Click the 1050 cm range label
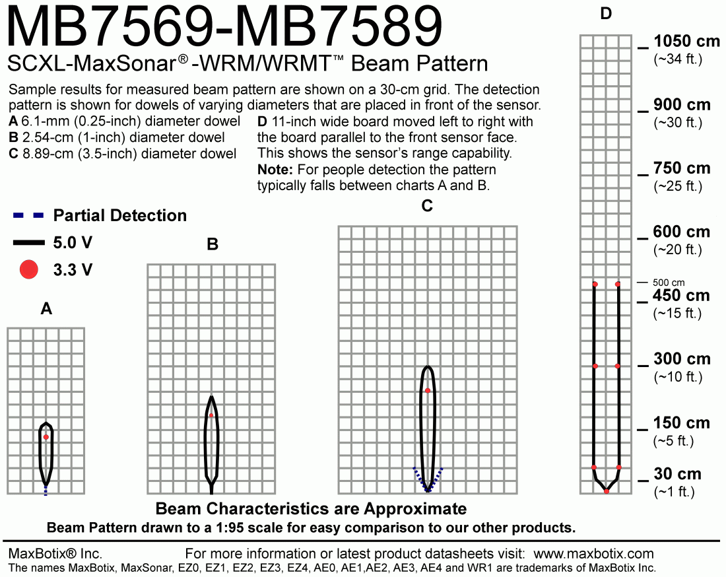(686, 42)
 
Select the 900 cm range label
(682, 105)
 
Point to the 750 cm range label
(682, 168)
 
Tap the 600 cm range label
(682, 232)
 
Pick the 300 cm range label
(682, 359)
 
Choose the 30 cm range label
(677, 474)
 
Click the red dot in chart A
(46, 437)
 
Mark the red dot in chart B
(211, 415)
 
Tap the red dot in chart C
(428, 391)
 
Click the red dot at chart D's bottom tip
(607, 492)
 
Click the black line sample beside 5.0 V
(29, 243)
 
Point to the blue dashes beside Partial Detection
(29, 216)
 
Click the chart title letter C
(427, 206)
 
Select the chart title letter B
(213, 245)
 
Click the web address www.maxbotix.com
(593, 553)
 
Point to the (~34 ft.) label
(678, 59)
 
